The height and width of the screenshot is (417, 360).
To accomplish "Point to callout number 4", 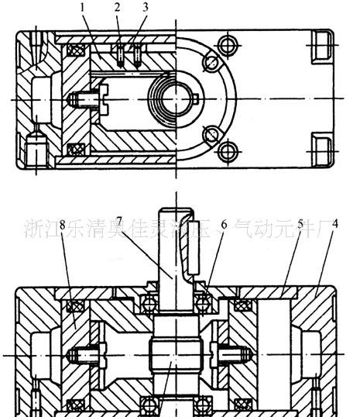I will (334, 225).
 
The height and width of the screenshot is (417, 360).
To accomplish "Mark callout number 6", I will (224, 225).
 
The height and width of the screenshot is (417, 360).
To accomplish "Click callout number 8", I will (61, 225).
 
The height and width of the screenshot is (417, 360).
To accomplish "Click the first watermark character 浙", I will (33, 229).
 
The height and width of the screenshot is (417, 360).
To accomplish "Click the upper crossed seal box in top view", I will (75, 53).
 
